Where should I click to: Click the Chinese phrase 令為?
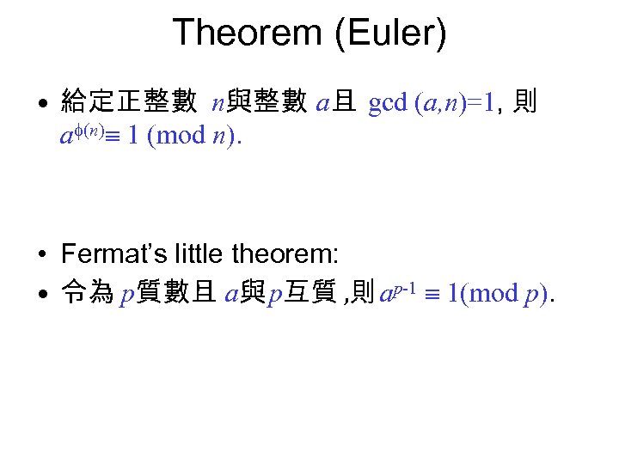87,295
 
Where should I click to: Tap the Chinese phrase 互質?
313,295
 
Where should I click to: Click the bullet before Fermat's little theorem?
41,255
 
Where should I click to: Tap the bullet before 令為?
41,296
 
